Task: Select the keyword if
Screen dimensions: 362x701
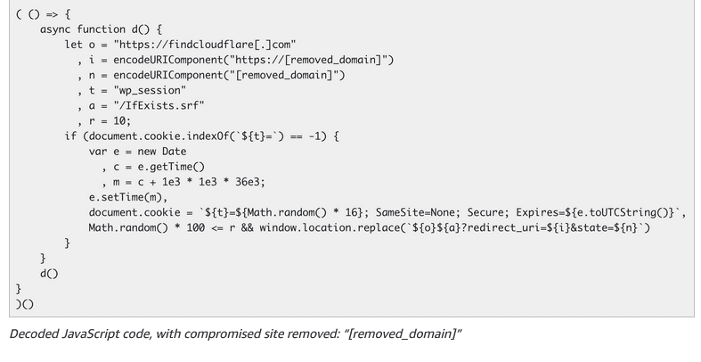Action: pos(70,136)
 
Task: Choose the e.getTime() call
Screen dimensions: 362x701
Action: pos(171,166)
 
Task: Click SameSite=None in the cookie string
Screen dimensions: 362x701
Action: pos(413,212)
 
